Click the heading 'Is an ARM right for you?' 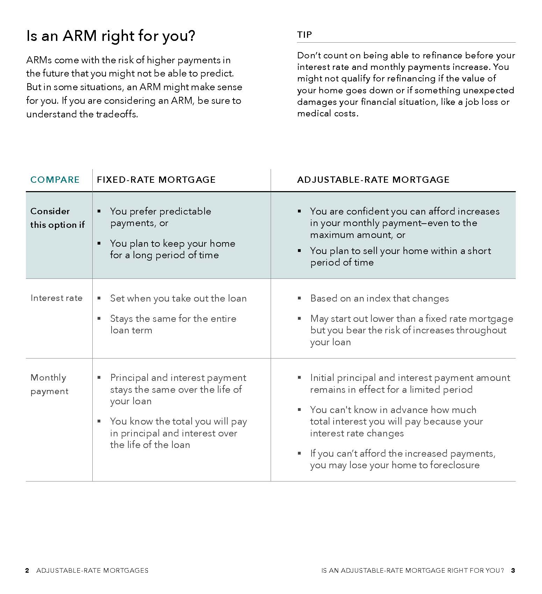pyautogui.click(x=110, y=36)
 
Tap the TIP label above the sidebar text pyautogui.click(x=304, y=35)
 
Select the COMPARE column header pyautogui.click(x=55, y=180)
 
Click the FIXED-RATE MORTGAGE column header pyautogui.click(x=156, y=180)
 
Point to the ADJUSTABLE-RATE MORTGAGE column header pyautogui.click(x=373, y=180)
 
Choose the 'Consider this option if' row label pyautogui.click(x=57, y=218)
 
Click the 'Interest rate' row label pyautogui.click(x=56, y=298)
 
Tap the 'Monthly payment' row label pyautogui.click(x=49, y=384)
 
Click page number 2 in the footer pyautogui.click(x=27, y=571)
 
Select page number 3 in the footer pyautogui.click(x=513, y=571)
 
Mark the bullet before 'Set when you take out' pyautogui.click(x=99, y=298)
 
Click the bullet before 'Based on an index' pyautogui.click(x=299, y=298)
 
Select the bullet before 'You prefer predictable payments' pyautogui.click(x=99, y=211)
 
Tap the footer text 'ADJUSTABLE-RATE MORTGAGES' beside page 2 pyautogui.click(x=92, y=571)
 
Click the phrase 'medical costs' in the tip pyautogui.click(x=327, y=114)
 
